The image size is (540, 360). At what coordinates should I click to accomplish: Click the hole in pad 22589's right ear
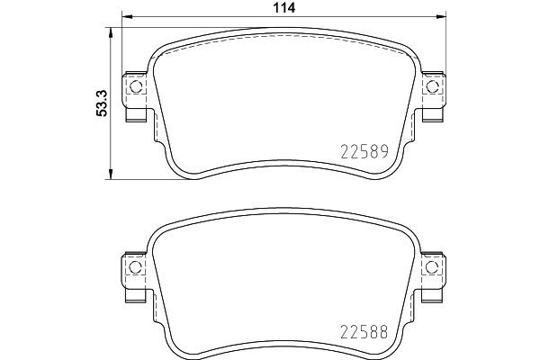coord(431,86)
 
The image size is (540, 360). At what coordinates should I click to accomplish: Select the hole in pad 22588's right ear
coord(431,268)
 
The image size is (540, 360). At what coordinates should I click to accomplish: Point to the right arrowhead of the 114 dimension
coord(441,17)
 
